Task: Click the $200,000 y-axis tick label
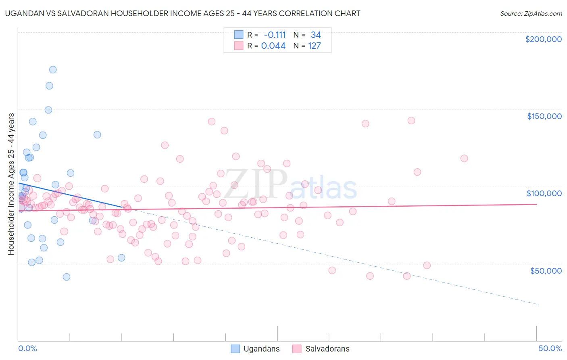click(543, 39)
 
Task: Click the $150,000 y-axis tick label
click(544, 116)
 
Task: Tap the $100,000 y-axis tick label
click(544, 193)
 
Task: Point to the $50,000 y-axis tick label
click(546, 270)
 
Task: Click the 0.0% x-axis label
click(27, 348)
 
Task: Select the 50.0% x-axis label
click(550, 348)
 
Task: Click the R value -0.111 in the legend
click(275, 35)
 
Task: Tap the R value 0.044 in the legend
click(273, 46)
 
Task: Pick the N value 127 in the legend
click(315, 46)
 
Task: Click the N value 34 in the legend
click(316, 35)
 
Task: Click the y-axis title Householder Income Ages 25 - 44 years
click(11, 184)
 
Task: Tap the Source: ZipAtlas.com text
click(531, 13)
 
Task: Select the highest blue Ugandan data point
click(53, 69)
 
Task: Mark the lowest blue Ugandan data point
click(67, 277)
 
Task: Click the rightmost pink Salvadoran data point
click(464, 158)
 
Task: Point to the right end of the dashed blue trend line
click(537, 304)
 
